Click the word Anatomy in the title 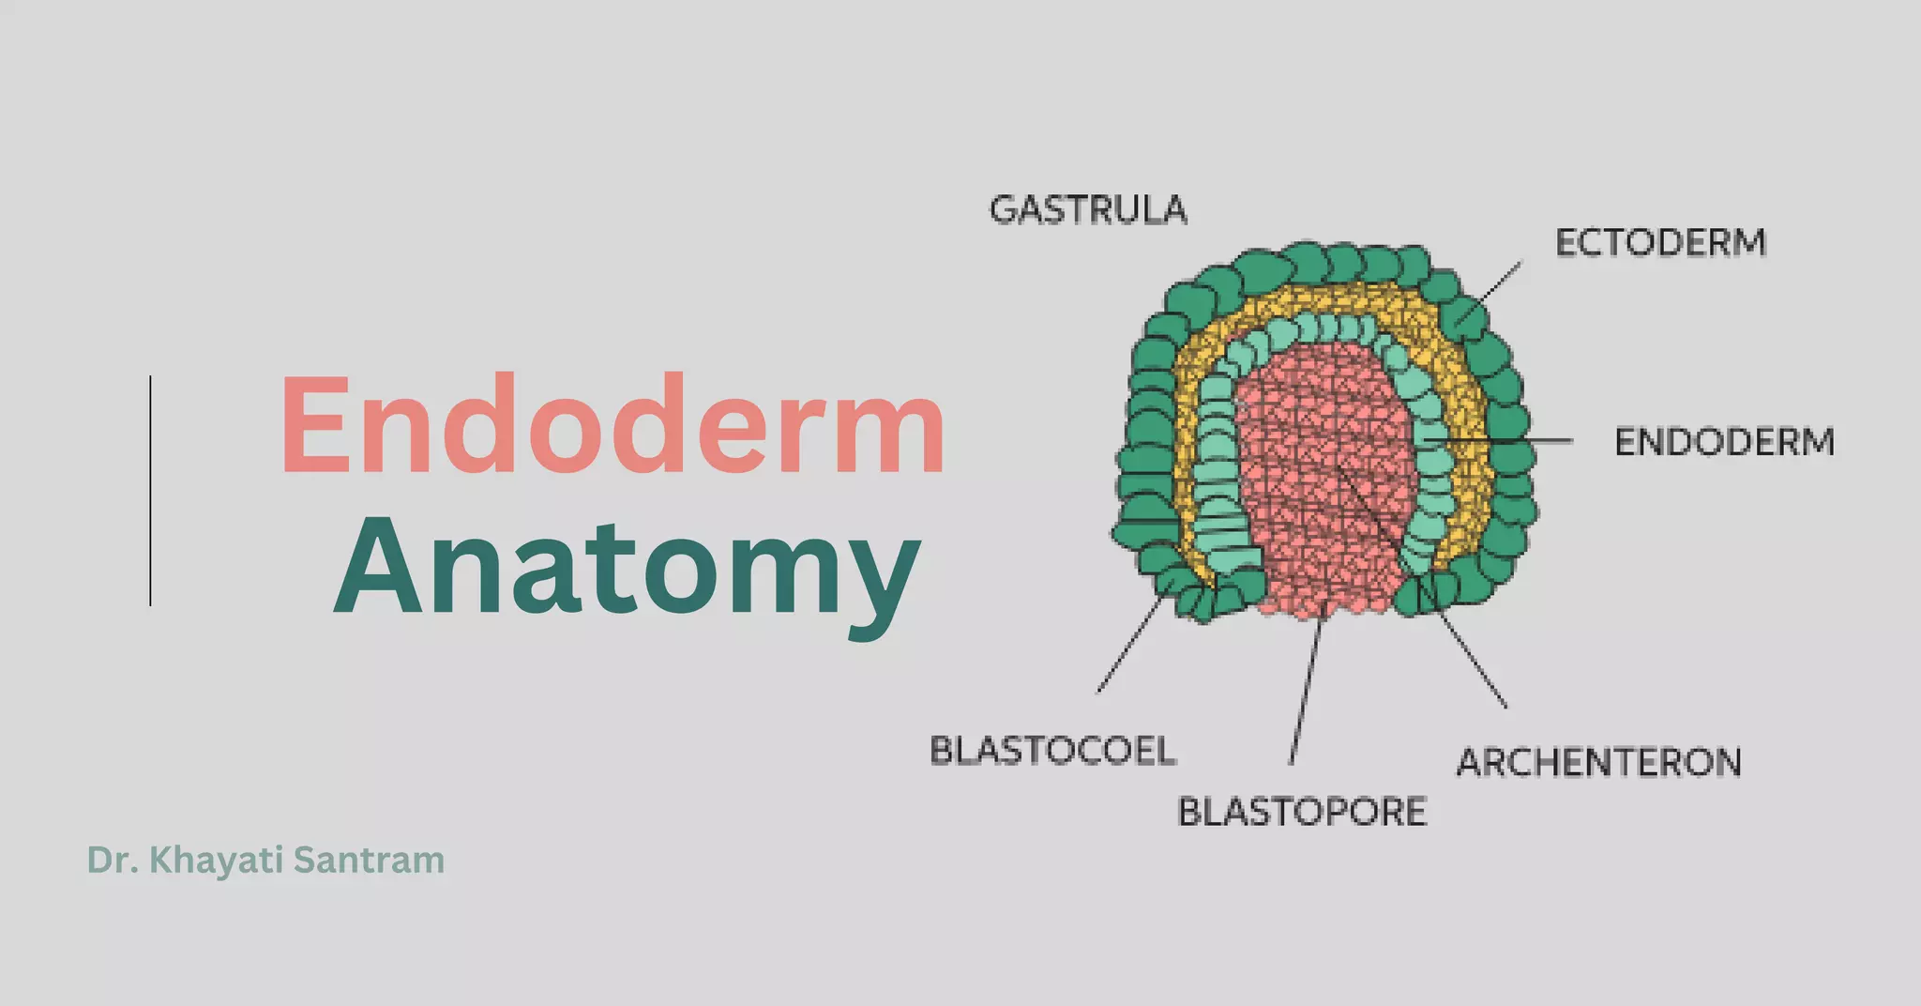tap(627, 569)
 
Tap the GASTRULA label tap(1088, 210)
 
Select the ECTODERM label tap(1660, 243)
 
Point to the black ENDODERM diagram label tap(1724, 442)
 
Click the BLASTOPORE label tap(1302, 812)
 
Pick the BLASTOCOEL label tap(1052, 751)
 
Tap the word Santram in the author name tap(370, 861)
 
